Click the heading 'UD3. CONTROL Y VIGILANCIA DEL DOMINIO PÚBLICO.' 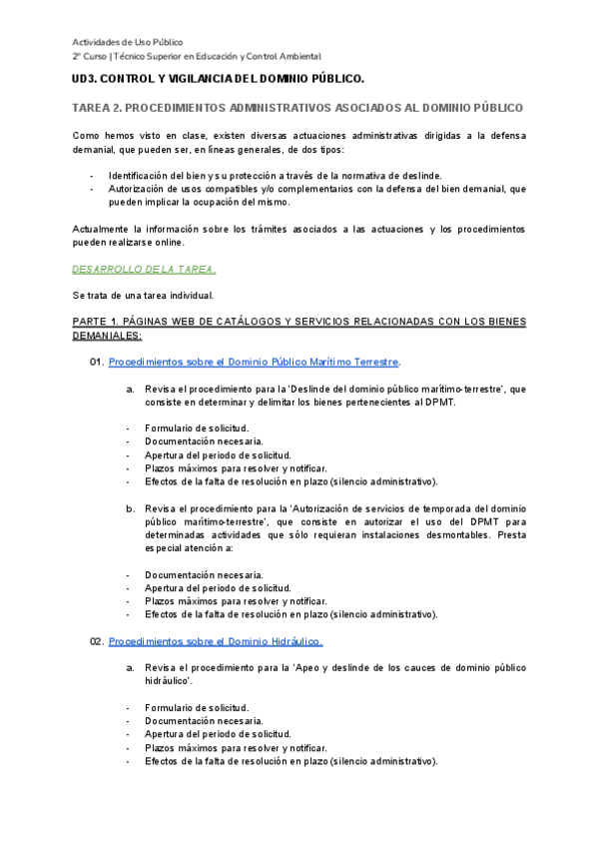(x=219, y=78)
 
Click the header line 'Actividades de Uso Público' (x=127, y=42)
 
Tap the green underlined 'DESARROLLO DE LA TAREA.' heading (x=144, y=269)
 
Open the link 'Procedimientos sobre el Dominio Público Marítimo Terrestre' (x=254, y=361)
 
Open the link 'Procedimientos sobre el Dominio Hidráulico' (x=215, y=639)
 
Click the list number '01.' (x=97, y=361)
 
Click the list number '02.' (x=97, y=639)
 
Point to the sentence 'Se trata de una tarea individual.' (x=143, y=296)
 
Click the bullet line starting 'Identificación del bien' (x=275, y=175)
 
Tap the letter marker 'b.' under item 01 (x=130, y=508)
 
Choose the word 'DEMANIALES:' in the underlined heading (x=107, y=336)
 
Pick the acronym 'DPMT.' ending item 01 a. (x=439, y=402)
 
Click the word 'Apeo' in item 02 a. (x=309, y=666)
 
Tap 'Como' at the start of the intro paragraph (x=86, y=134)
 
